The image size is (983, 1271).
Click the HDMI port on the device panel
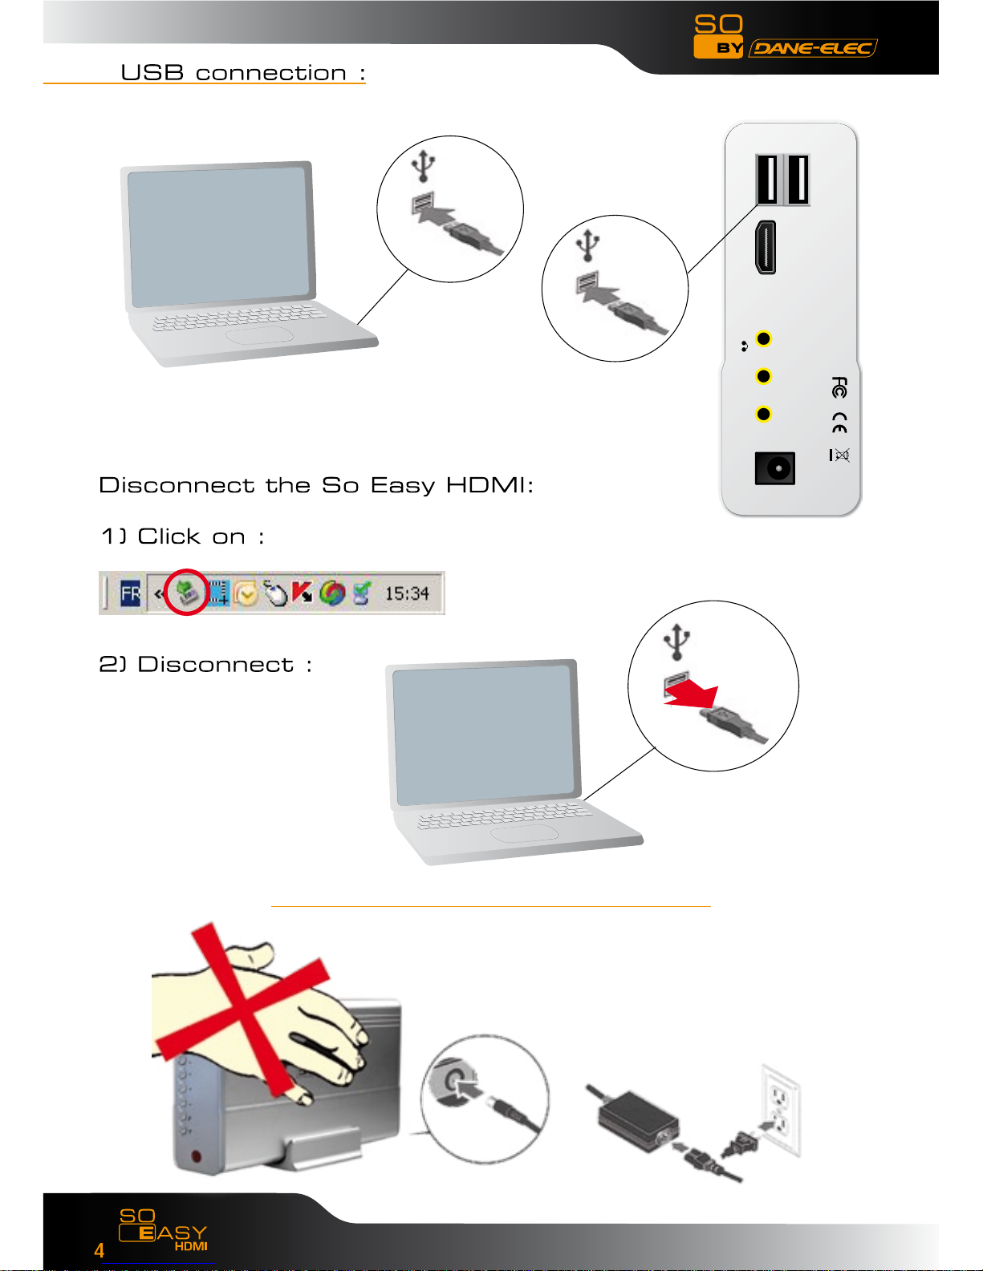coord(766,247)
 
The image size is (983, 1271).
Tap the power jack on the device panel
coord(774,468)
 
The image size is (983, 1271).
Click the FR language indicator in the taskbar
coord(130,593)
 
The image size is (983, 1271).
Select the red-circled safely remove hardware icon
coord(187,593)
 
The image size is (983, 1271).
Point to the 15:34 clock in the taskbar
coord(407,593)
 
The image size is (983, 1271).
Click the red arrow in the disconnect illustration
coord(692,694)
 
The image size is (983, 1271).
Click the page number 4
coord(99,1250)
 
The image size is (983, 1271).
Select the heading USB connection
coord(243,72)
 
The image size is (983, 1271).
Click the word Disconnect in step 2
coord(215,665)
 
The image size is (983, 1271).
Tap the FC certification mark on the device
coord(839,387)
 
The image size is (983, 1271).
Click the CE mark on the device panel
coord(839,423)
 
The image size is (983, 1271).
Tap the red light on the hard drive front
coord(196,1156)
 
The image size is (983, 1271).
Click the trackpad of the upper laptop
coord(258,335)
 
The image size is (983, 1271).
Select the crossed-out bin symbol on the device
coord(839,455)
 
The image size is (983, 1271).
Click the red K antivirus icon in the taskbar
coord(302,593)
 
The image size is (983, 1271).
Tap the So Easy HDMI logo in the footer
coord(163,1230)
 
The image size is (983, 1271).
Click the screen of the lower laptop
coord(483,735)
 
